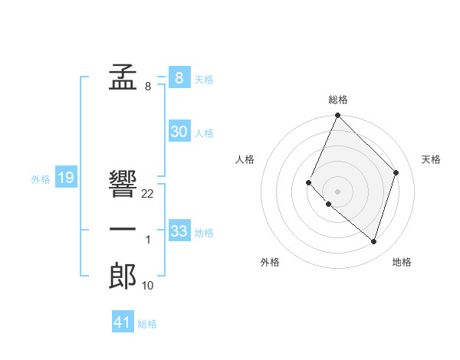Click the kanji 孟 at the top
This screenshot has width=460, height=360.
coord(123,77)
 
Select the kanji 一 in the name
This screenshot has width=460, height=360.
coord(123,230)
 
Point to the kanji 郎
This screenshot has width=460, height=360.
coord(123,276)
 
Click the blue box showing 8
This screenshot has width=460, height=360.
coord(179,77)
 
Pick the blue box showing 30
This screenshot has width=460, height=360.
coord(179,132)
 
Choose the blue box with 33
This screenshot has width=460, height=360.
coord(179,231)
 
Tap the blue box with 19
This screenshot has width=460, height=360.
coord(65,178)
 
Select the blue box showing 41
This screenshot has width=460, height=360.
coord(123,322)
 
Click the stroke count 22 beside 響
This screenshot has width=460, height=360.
coord(148,194)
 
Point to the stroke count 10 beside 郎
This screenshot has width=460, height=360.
coord(148,286)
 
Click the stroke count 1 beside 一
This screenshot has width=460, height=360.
coord(148,241)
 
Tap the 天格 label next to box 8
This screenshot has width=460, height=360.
coord(204,80)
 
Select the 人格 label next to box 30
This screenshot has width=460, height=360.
coord(204,133)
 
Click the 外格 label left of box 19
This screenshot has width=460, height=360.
coord(41,180)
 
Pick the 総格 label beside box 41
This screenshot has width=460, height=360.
coord(147,324)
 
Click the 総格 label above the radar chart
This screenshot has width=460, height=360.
coord(338,100)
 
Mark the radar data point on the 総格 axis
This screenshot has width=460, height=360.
coord(337,116)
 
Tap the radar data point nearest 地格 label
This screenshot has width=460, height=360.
coord(373,241)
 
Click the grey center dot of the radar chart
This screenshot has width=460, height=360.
coord(337,191)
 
